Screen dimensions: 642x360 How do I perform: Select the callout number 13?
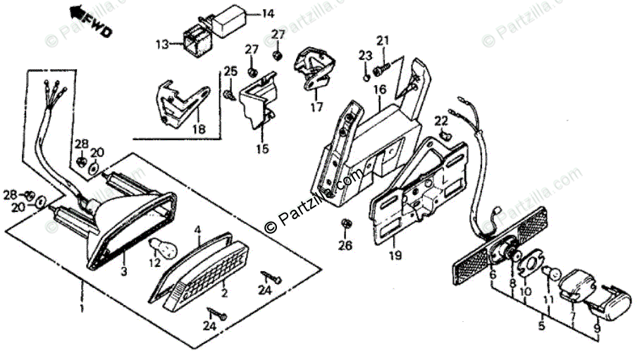pyautogui.click(x=162, y=45)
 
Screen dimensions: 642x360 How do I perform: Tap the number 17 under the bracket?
pyautogui.click(x=316, y=107)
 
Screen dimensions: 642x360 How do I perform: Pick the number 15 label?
pyautogui.click(x=262, y=149)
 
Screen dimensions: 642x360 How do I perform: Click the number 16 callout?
pyautogui.click(x=380, y=90)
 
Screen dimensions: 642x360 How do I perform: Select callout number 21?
pyautogui.click(x=382, y=40)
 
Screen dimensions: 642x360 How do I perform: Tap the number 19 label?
pyautogui.click(x=394, y=255)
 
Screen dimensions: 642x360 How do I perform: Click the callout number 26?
pyautogui.click(x=344, y=246)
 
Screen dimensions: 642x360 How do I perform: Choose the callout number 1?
pyautogui.click(x=82, y=309)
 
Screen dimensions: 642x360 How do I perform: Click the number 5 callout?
pyautogui.click(x=541, y=327)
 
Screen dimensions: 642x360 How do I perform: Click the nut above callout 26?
pyautogui.click(x=346, y=224)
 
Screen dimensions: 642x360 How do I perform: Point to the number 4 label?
pyautogui.click(x=198, y=230)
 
